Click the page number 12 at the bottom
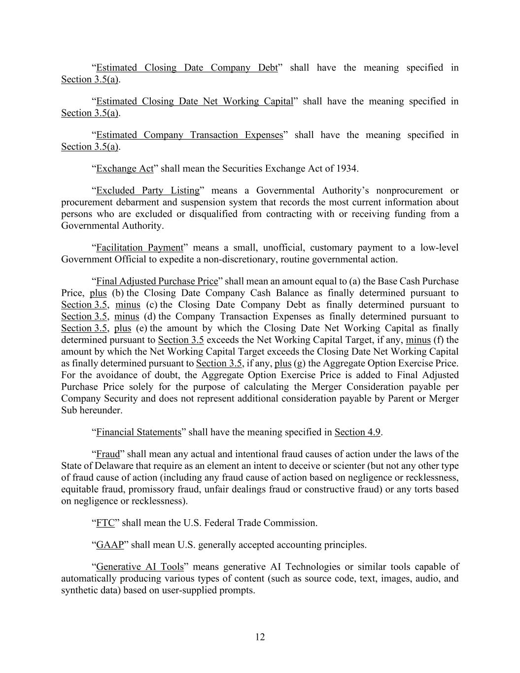260,637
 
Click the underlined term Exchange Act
125,169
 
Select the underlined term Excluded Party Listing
148,190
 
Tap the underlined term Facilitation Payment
139,248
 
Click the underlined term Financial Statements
139,432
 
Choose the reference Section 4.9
357,432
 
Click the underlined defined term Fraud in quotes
108,454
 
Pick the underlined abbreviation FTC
105,523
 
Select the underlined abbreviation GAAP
109,545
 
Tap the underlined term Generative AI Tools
139,567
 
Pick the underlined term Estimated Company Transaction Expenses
189,135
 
